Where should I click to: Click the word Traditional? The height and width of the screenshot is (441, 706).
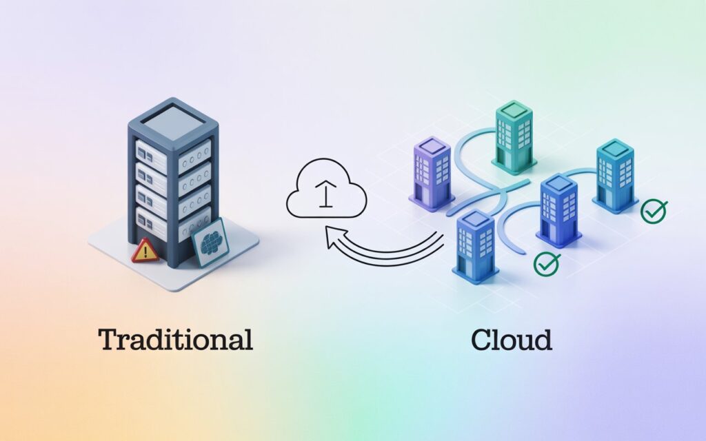pos(175,340)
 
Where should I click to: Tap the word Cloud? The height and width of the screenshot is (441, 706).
pos(512,340)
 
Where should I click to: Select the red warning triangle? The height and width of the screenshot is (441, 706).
pos(145,251)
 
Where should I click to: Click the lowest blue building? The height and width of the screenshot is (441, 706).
pos(475,245)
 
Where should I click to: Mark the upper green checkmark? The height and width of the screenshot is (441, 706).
pos(653,212)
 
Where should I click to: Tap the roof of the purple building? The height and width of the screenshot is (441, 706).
pos(431,146)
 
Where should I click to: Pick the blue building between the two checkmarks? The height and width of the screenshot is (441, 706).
pos(559,209)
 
